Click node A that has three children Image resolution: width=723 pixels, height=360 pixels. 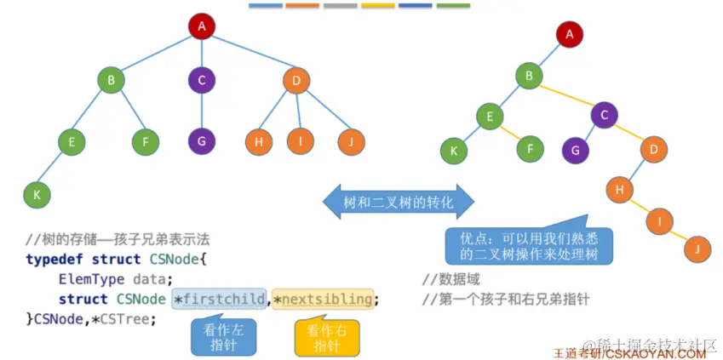tap(202, 26)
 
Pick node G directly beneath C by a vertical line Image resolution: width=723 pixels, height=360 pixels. tap(202, 141)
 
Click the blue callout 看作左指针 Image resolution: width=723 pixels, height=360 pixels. tap(224, 337)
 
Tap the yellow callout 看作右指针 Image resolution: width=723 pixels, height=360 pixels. tap(326, 337)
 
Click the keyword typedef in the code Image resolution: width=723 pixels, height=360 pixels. tap(55, 259)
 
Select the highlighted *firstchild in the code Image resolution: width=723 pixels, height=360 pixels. tap(220, 299)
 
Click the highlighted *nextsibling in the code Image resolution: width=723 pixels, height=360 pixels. tap(323, 299)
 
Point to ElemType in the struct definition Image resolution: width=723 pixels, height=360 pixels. tap(91, 278)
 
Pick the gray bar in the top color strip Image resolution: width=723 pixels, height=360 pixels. tap(341, 5)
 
